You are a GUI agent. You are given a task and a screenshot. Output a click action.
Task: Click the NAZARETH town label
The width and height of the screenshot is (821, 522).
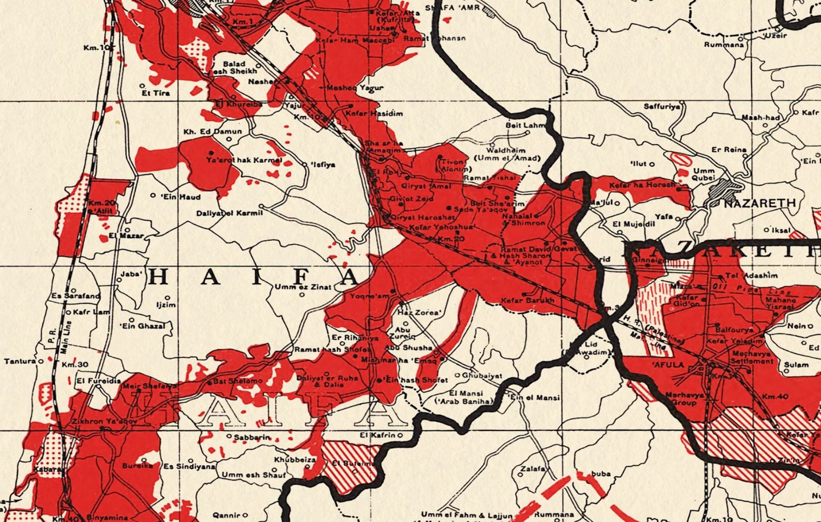760,203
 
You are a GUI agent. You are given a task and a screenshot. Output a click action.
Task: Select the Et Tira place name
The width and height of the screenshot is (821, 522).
156,93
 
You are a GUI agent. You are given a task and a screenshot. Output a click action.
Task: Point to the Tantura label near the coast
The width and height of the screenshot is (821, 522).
20,361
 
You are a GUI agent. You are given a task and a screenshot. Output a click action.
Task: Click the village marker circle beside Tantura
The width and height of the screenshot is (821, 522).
41,361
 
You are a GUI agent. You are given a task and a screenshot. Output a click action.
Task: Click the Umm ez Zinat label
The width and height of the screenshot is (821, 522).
303,287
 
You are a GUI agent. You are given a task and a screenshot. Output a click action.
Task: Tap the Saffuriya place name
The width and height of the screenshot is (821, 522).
661,107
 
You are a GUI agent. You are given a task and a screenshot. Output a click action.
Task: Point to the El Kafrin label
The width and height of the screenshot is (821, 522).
377,435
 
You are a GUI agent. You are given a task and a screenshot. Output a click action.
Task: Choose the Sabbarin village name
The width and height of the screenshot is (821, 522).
252,437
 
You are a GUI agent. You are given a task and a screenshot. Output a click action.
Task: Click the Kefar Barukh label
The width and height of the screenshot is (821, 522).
527,300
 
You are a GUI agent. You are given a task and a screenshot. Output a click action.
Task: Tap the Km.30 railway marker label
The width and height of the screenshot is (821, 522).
75,365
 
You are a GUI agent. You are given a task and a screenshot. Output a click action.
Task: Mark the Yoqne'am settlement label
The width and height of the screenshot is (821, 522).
369,296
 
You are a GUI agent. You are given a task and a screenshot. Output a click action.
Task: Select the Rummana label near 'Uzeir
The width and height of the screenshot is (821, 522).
723,45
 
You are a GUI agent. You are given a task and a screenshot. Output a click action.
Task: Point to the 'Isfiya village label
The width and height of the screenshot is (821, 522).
323,165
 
